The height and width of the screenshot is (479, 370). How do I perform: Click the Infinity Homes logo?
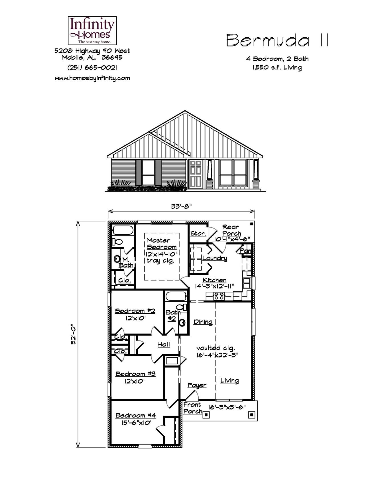[x=92, y=30]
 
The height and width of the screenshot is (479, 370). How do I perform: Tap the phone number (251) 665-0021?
[x=92, y=68]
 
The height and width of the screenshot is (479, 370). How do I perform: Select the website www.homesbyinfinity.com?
[x=92, y=78]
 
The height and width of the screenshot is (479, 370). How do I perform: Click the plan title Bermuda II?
[x=278, y=40]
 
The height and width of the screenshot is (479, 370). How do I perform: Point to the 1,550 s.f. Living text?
[x=277, y=68]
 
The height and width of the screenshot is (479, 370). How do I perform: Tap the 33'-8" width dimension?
[x=181, y=206]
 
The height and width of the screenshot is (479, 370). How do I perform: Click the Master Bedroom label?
[x=162, y=244]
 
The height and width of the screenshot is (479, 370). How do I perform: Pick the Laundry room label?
[x=215, y=258]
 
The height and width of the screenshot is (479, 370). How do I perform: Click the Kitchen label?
[x=215, y=280]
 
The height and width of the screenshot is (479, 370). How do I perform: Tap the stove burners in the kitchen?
[x=219, y=296]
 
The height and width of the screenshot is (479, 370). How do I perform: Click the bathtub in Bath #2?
[x=176, y=296]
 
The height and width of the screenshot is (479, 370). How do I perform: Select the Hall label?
[x=164, y=345]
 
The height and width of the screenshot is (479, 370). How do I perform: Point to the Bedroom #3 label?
[x=135, y=374]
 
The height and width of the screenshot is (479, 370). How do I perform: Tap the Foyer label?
[x=197, y=385]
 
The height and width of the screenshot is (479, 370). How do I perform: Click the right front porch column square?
[x=251, y=415]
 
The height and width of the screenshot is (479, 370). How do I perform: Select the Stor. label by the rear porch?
[x=198, y=234]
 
